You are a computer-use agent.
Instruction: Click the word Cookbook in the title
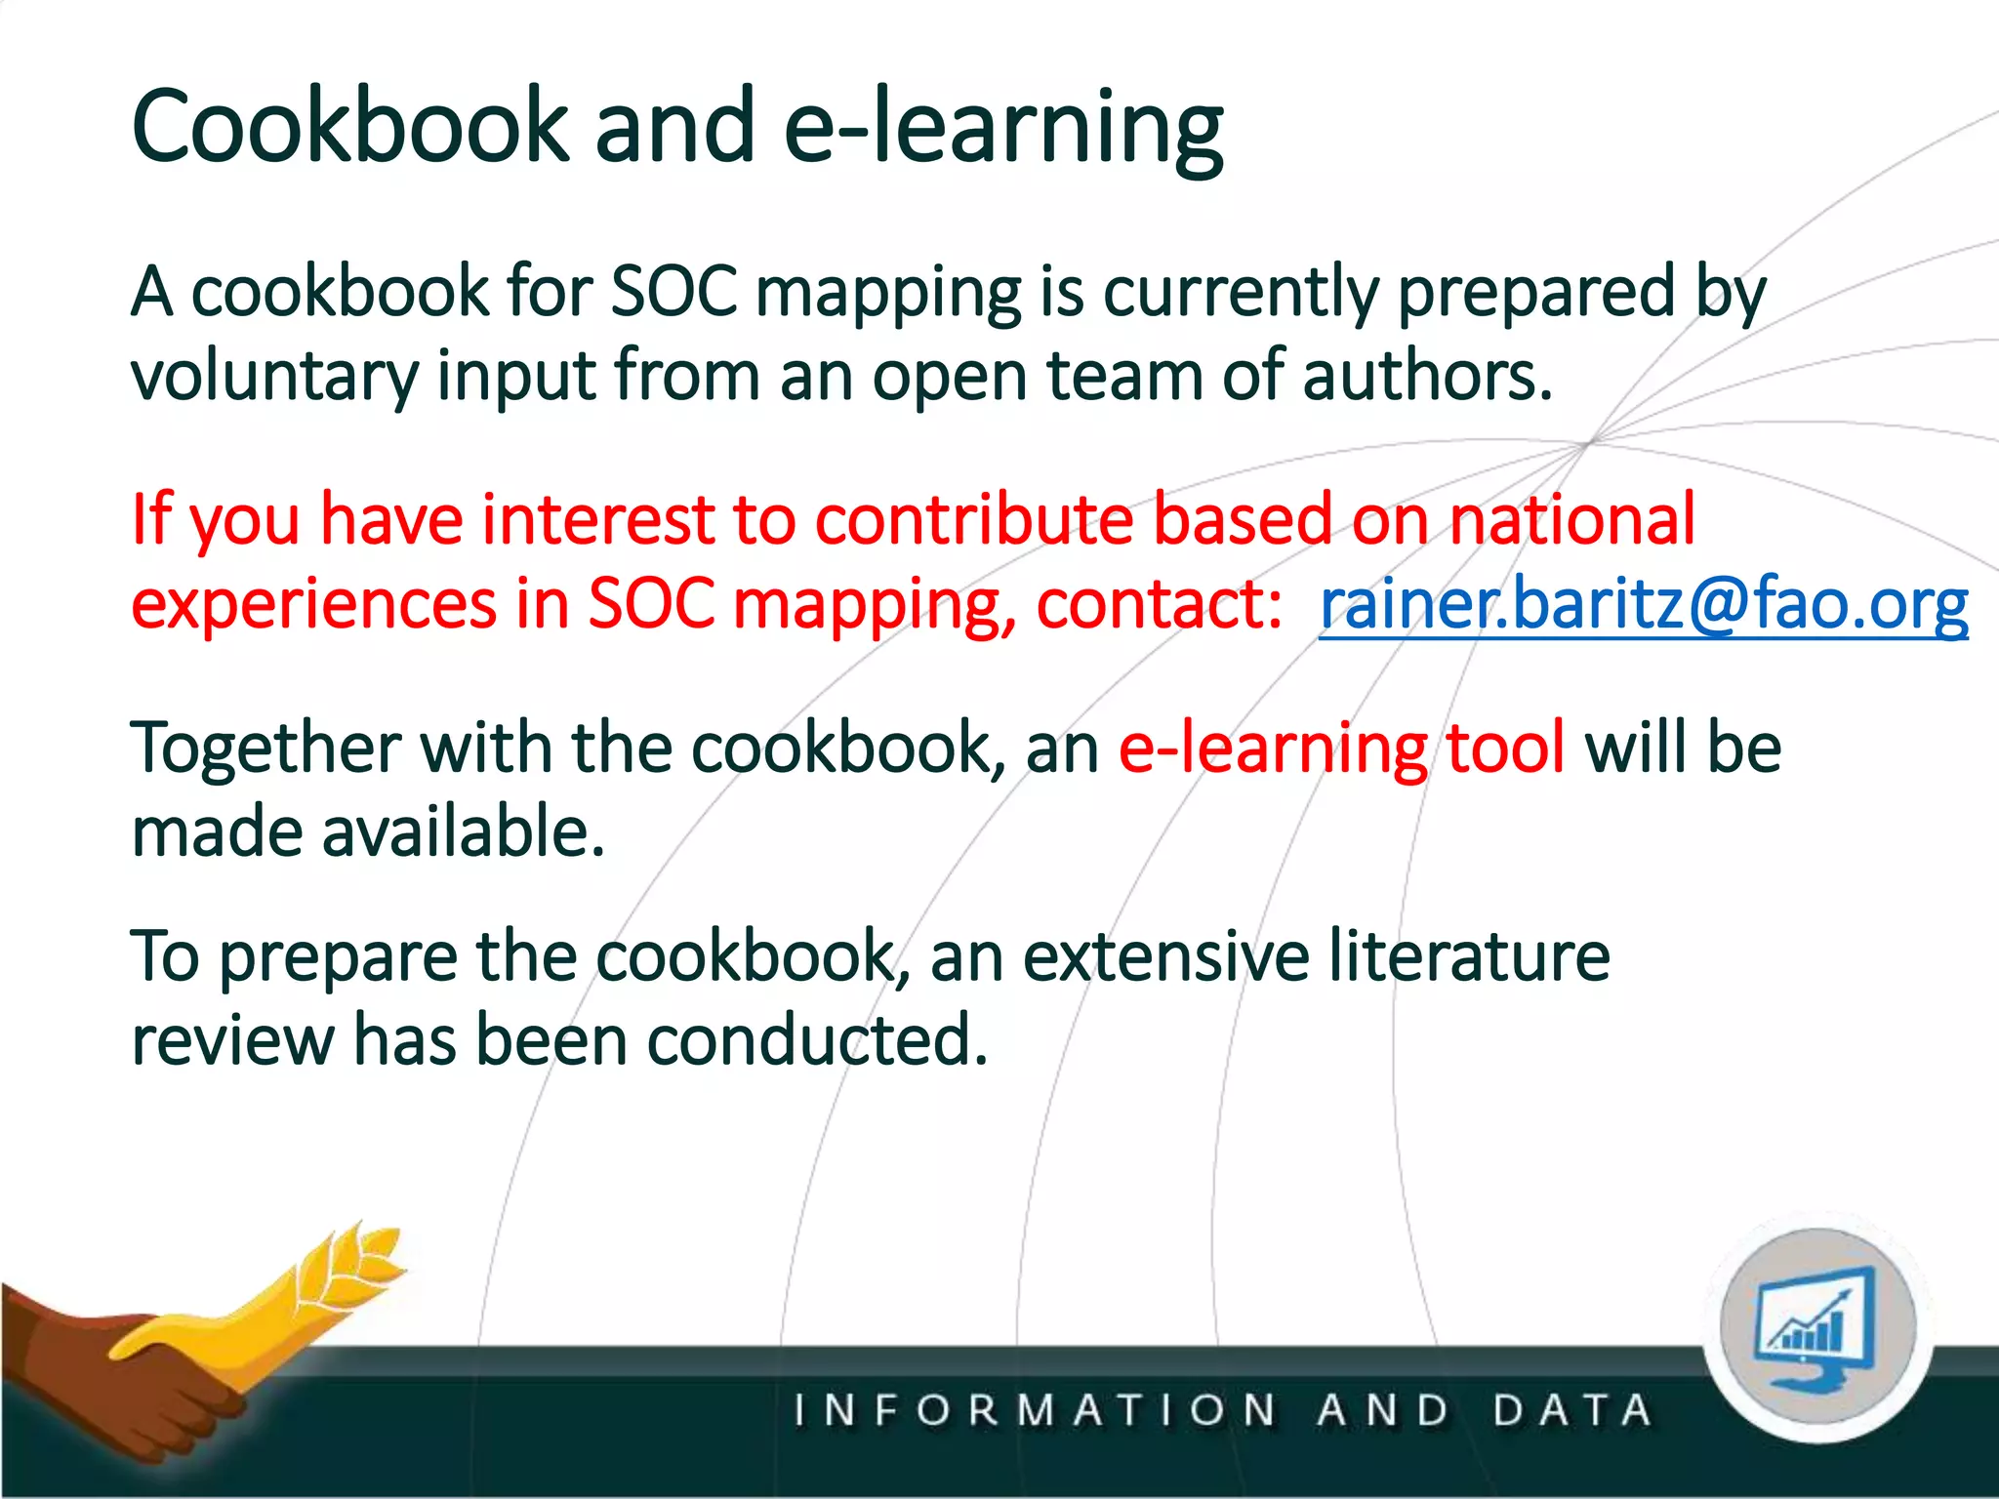(x=348, y=127)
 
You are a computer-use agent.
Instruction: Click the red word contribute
(x=973, y=519)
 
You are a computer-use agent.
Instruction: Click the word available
(x=463, y=832)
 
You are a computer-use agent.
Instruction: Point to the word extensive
(x=1165, y=956)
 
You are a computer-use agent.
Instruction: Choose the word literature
(x=1469, y=956)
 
